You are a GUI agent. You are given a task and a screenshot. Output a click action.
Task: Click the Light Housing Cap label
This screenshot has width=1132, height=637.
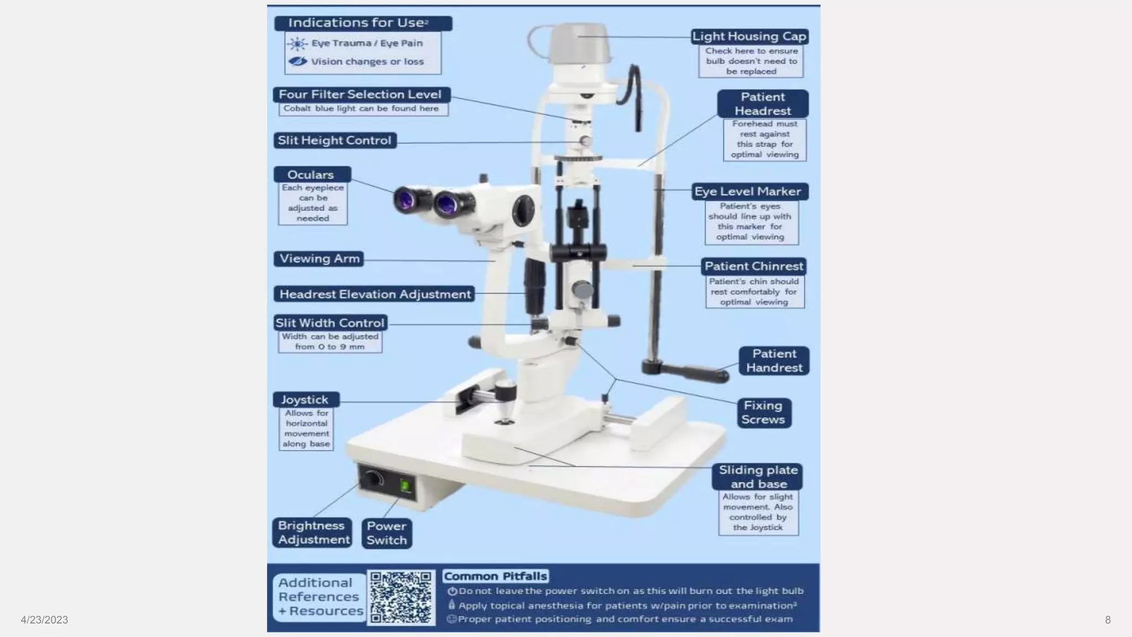[x=750, y=36]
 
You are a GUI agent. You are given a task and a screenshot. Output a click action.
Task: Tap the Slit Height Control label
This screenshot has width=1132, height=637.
[x=334, y=140]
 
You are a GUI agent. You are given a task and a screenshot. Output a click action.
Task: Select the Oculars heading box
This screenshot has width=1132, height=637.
[x=312, y=175]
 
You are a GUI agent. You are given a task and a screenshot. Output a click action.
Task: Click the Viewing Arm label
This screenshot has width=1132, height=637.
[x=319, y=259]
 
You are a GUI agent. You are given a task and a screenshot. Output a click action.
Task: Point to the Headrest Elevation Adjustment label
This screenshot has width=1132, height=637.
[x=374, y=294]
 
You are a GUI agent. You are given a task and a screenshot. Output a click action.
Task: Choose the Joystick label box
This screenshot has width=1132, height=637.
[x=306, y=399]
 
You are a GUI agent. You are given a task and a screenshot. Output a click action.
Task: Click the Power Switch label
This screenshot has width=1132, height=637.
[x=386, y=533]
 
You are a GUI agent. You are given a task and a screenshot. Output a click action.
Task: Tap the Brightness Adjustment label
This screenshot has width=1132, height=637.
[x=313, y=532]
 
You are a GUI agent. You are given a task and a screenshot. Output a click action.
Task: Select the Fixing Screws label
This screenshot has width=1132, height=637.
[x=763, y=413]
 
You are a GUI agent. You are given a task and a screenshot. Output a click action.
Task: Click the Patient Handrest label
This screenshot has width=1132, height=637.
[x=774, y=361]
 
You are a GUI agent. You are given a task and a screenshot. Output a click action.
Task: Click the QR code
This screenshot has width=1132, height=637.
[x=401, y=598]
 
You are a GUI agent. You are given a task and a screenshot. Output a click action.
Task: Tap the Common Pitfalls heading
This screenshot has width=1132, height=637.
[x=495, y=576]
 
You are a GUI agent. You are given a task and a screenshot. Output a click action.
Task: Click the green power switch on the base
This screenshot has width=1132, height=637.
[x=405, y=487]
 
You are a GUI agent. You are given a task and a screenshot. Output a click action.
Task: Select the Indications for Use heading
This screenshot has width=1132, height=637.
[x=363, y=23]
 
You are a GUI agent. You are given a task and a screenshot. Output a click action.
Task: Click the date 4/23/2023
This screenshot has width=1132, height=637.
[x=44, y=620]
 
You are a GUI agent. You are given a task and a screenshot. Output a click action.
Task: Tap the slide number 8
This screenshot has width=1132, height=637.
[x=1107, y=620]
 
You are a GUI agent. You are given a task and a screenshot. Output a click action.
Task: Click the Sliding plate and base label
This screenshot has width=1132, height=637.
[x=758, y=477]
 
